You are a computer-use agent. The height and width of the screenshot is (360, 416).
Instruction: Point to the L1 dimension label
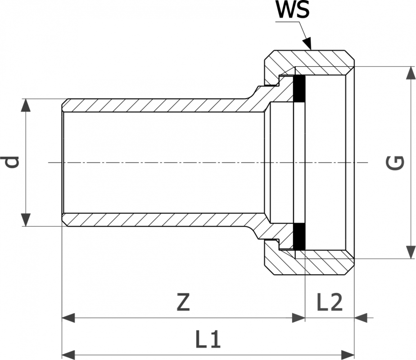coord(208,341)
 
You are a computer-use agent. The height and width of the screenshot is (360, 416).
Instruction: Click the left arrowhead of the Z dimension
coord(68,318)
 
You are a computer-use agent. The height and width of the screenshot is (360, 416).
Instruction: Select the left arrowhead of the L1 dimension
coord(68,353)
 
